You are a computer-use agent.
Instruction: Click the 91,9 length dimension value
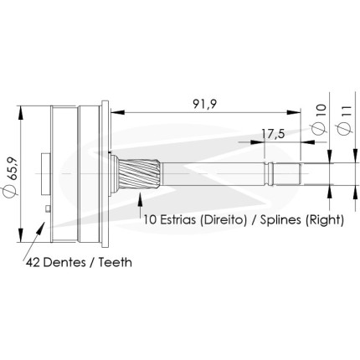point(204,104)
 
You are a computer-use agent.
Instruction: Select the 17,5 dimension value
point(273,134)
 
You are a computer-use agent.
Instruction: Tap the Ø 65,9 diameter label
point(11,177)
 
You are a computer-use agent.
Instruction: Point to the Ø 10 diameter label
point(320,120)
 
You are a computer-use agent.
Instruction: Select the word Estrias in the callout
point(177,219)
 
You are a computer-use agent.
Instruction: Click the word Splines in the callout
point(281,220)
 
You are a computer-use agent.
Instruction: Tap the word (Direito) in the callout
point(224,220)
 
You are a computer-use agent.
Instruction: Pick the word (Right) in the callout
point(325,220)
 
